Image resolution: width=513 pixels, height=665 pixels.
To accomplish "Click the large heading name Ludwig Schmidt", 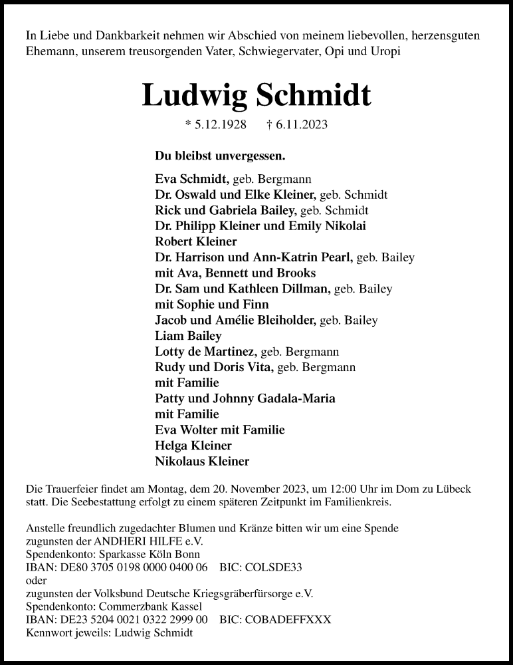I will tap(256, 95).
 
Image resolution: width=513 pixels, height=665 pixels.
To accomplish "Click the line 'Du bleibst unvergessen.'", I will tap(220, 156).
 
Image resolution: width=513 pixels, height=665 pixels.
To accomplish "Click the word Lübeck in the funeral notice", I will tap(453, 489).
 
